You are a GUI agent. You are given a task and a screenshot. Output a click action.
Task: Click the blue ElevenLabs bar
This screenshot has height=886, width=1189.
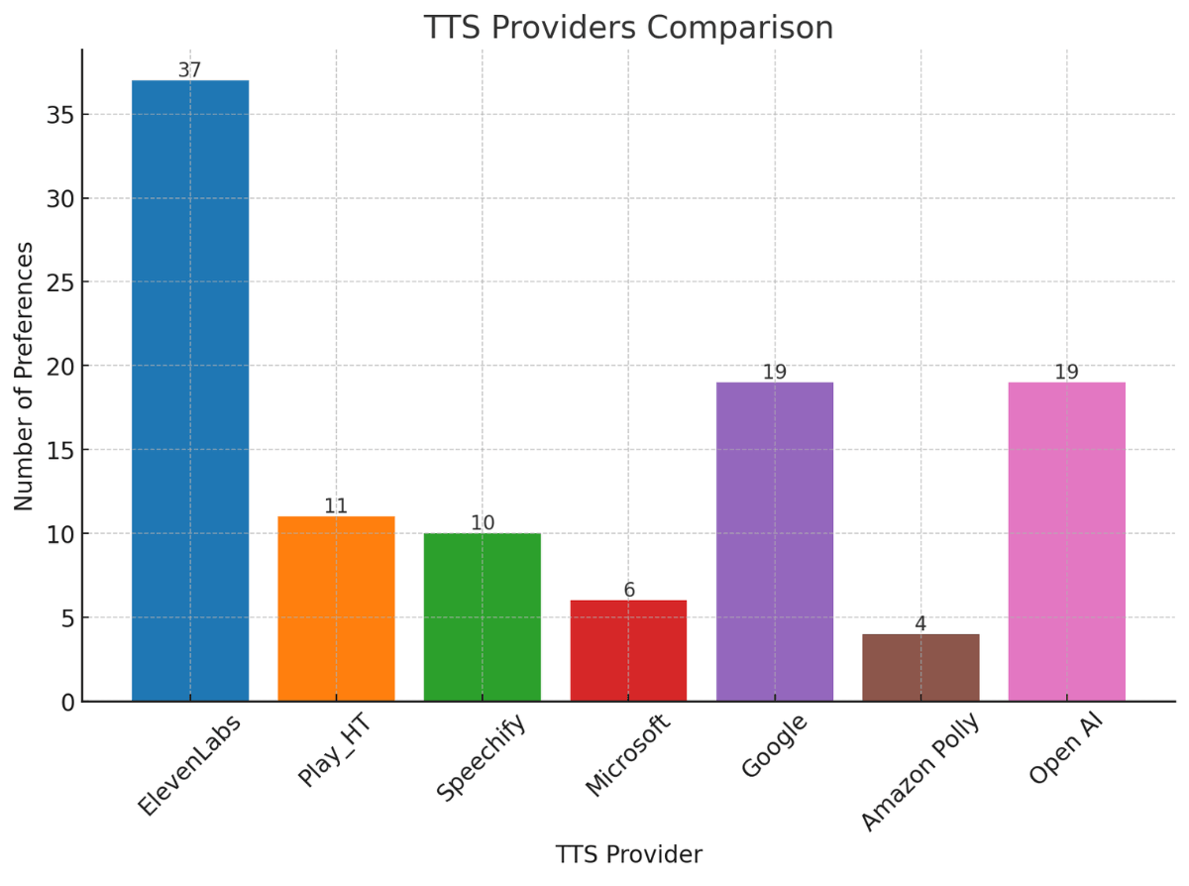tap(190, 390)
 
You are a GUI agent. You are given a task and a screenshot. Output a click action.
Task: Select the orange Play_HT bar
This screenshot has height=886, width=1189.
tap(336, 609)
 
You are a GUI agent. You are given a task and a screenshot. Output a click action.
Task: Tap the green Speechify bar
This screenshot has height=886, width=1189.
tap(483, 616)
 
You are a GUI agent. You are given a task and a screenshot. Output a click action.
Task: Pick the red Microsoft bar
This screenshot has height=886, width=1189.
tap(628, 650)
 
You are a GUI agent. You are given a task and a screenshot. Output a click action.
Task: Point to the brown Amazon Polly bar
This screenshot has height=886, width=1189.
tap(920, 667)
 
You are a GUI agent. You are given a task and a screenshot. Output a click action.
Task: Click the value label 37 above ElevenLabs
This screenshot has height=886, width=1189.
tap(190, 70)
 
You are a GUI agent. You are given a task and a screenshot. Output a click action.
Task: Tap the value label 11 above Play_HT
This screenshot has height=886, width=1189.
tap(336, 506)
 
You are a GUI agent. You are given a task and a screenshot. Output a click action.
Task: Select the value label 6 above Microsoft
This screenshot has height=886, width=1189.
tap(628, 591)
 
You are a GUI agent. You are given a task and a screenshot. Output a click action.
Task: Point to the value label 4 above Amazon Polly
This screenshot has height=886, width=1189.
tap(920, 624)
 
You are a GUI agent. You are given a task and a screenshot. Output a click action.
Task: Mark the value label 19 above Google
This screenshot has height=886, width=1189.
tap(775, 373)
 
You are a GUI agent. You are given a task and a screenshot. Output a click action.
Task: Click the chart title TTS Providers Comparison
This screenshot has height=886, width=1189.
tap(628, 28)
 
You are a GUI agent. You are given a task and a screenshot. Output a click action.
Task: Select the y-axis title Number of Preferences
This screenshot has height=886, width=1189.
tap(25, 376)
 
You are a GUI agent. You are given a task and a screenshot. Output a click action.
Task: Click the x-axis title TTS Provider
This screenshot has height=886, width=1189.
tap(628, 854)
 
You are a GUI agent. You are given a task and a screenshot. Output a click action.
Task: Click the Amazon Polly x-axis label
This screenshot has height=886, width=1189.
tap(919, 772)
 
